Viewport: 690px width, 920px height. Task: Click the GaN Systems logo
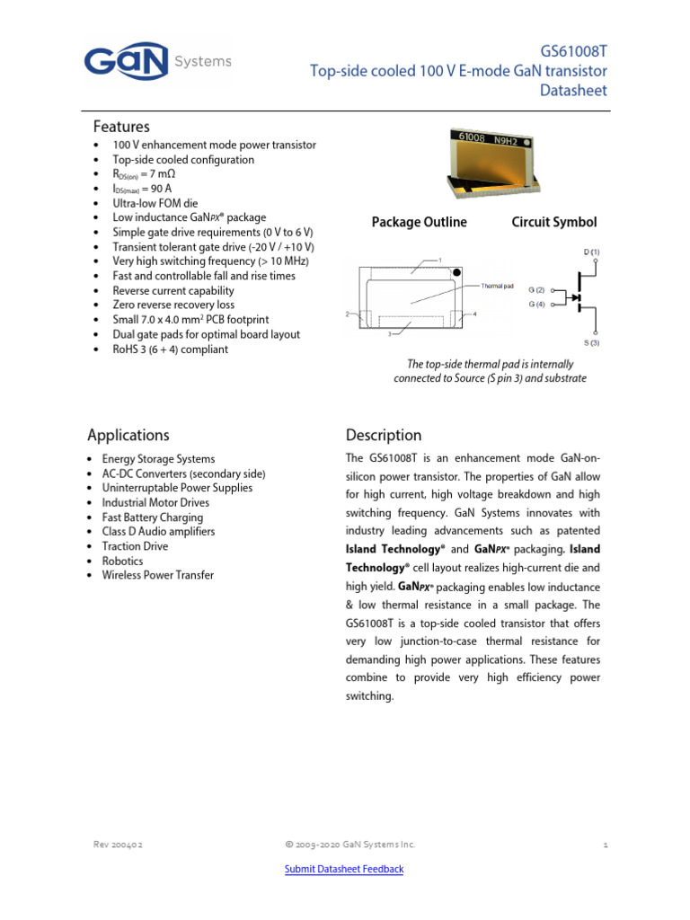[157, 62]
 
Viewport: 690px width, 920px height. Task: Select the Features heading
[121, 127]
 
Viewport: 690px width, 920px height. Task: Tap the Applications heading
[128, 435]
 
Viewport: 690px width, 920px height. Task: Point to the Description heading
[383, 435]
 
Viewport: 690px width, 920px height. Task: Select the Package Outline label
[419, 222]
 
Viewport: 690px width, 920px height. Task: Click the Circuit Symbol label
[553, 222]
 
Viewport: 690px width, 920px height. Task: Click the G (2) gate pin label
[537, 290]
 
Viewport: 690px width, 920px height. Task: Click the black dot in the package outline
[457, 271]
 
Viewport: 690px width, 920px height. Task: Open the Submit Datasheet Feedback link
[344, 869]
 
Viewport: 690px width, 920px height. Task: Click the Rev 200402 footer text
[118, 845]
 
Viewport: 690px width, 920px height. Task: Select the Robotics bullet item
[122, 561]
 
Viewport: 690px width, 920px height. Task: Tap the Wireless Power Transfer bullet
[157, 575]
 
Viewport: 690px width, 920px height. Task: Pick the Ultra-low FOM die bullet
[155, 203]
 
